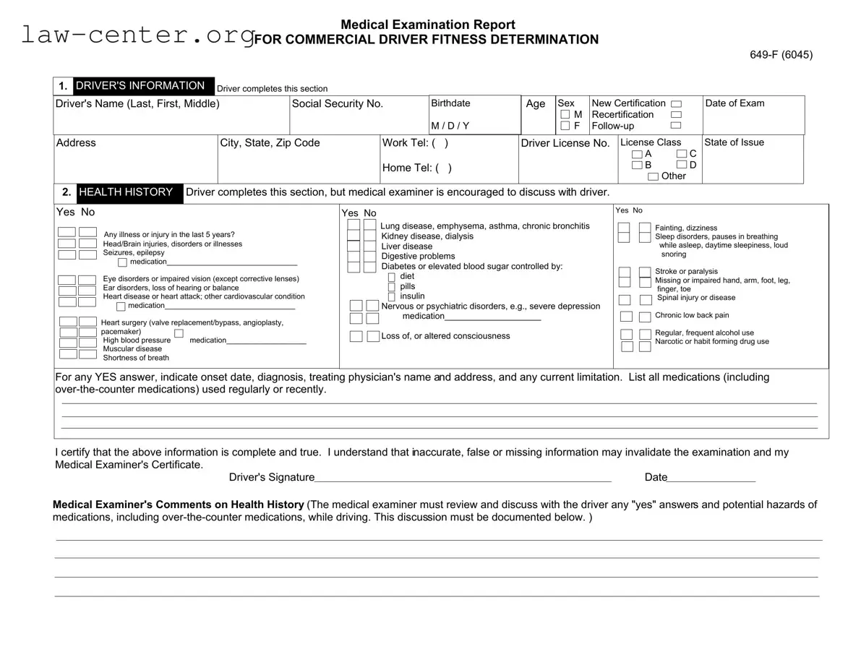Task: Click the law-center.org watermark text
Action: [x=137, y=35]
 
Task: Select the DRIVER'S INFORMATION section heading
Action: [x=140, y=86]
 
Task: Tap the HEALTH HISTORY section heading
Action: [x=126, y=192]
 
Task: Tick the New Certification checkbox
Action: [x=676, y=103]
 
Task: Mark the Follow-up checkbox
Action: [x=676, y=126]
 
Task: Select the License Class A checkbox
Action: [x=636, y=155]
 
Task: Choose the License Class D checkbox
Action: [x=682, y=166]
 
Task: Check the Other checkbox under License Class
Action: [x=653, y=176]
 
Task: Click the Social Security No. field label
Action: [x=337, y=104]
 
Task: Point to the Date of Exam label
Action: [x=734, y=103]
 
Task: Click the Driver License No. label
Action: [x=565, y=143]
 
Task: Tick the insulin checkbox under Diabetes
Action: [x=392, y=296]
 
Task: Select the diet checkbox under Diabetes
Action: [x=392, y=277]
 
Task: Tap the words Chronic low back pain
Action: [x=692, y=315]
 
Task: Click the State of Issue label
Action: [x=734, y=142]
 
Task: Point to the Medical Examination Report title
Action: [x=427, y=25]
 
